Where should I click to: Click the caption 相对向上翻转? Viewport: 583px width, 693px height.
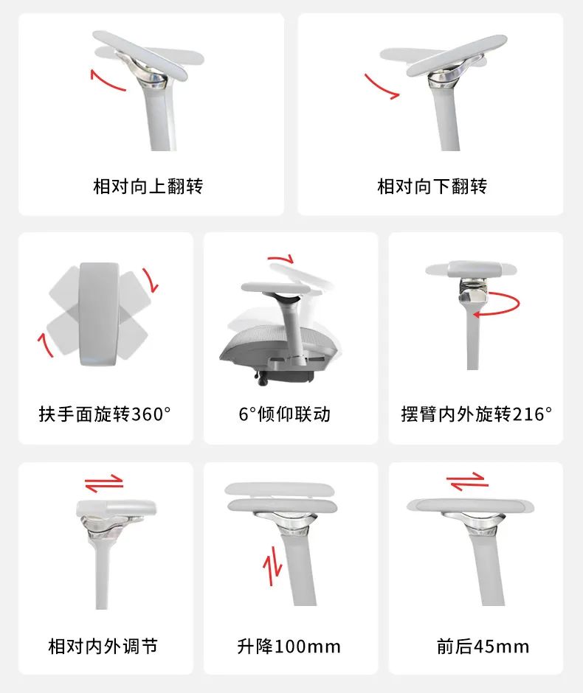tap(148, 187)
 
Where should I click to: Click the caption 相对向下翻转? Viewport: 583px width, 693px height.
tap(432, 187)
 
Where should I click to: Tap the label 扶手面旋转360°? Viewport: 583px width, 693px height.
tap(105, 414)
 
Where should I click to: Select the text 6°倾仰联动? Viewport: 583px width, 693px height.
tap(284, 414)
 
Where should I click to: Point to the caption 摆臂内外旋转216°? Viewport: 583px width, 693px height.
tap(477, 414)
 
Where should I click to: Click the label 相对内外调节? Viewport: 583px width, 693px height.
tap(103, 647)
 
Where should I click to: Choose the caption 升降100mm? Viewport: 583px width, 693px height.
tap(289, 647)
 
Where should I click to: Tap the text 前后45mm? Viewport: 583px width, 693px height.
tap(483, 647)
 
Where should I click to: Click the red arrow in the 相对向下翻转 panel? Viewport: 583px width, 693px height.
tap(379, 88)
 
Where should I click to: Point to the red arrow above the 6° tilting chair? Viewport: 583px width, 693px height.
tap(281, 258)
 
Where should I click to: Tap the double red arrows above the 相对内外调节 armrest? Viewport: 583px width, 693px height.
tap(104, 484)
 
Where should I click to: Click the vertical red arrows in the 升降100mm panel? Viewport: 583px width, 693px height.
tap(272, 566)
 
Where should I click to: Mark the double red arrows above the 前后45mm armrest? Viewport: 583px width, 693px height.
tap(468, 481)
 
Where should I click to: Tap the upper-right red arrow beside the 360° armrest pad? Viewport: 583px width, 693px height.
tap(151, 280)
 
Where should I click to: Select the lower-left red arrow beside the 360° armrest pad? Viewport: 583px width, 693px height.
tap(45, 345)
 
